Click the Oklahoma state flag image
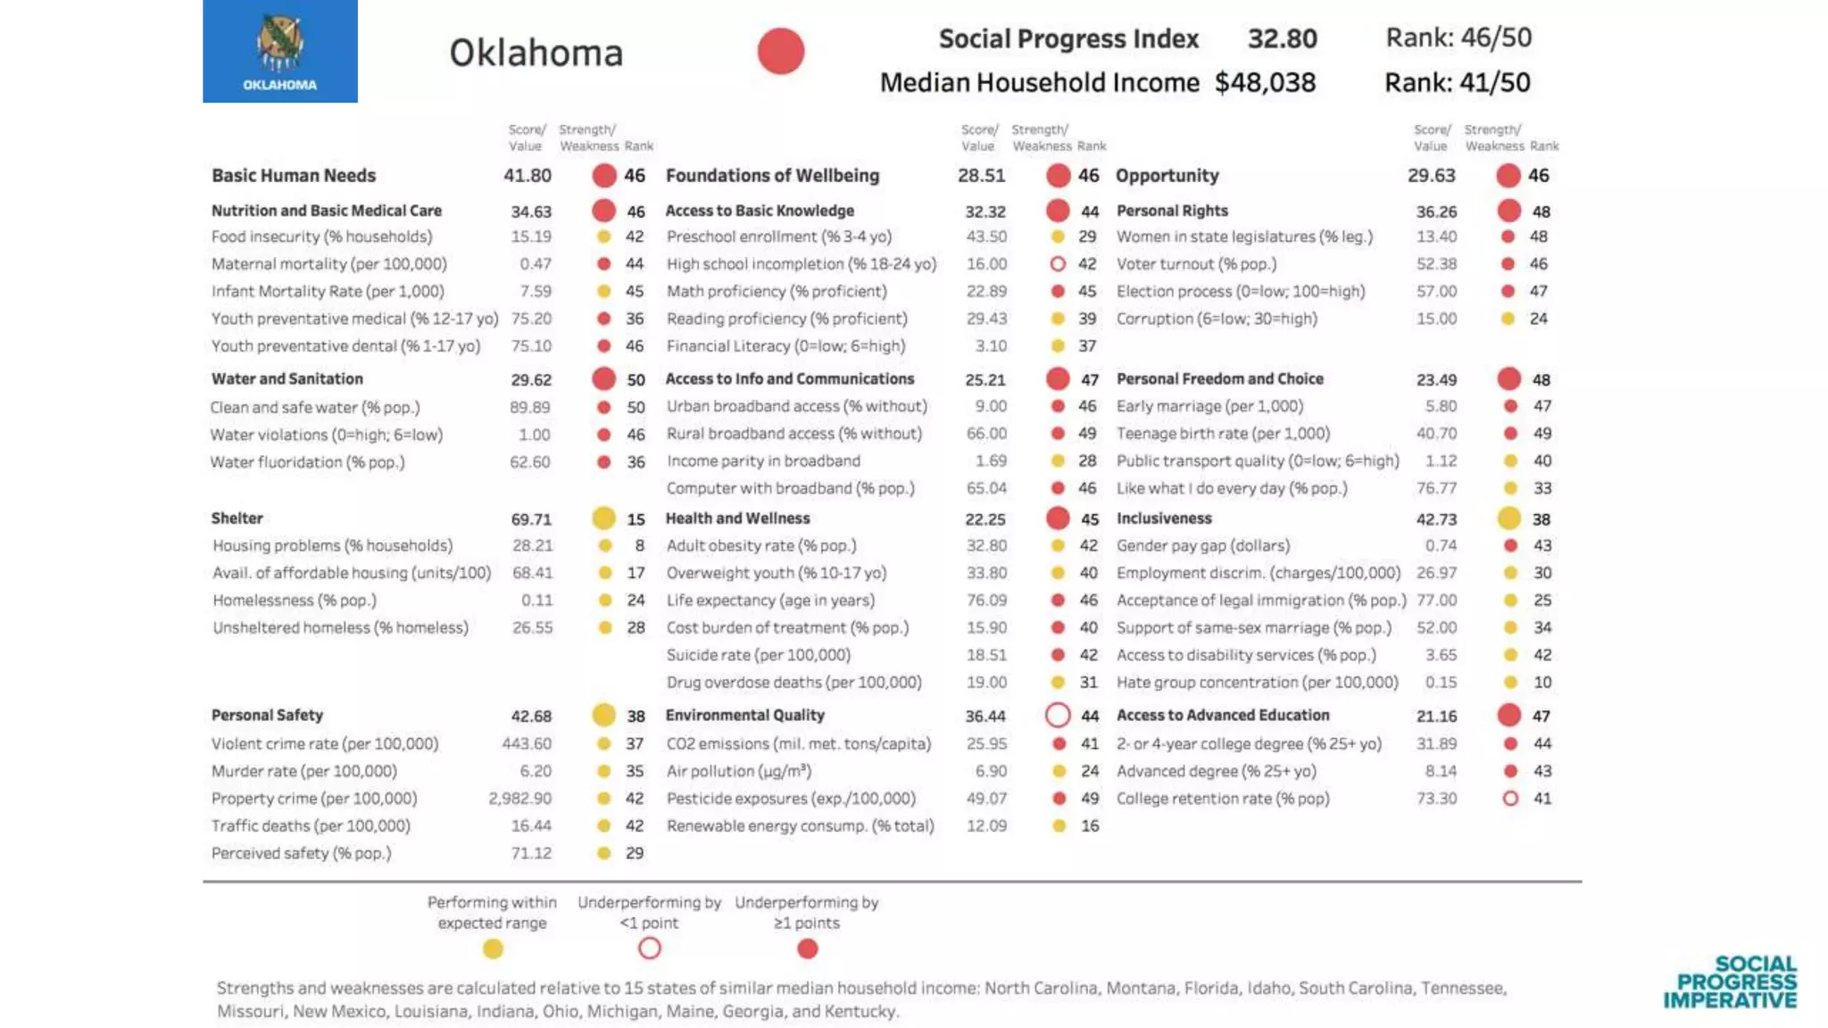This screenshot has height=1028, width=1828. (279, 51)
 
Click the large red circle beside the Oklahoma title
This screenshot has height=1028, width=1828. (781, 51)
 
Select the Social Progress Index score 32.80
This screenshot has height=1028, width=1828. (1282, 38)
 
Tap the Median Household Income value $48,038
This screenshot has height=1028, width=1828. (1265, 82)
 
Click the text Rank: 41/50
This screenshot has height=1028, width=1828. (1457, 82)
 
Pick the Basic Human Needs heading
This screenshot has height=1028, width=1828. (294, 175)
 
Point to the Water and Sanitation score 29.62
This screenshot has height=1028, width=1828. (531, 379)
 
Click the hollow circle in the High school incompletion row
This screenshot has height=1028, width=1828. (1058, 264)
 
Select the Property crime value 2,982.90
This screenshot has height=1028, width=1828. (519, 798)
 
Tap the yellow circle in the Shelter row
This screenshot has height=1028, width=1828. (603, 518)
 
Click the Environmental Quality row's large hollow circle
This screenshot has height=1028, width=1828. (1058, 715)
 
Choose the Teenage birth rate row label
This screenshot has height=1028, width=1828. (1223, 433)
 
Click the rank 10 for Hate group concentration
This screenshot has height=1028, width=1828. (1542, 682)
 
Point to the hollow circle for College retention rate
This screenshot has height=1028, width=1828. (1510, 798)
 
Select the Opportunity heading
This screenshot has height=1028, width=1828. (1167, 175)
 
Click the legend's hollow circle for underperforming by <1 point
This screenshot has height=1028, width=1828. (650, 948)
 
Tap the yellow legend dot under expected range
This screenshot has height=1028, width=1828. (493, 949)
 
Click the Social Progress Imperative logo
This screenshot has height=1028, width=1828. (1730, 982)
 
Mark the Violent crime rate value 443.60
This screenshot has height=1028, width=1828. (527, 743)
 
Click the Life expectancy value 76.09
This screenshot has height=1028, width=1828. (986, 600)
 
